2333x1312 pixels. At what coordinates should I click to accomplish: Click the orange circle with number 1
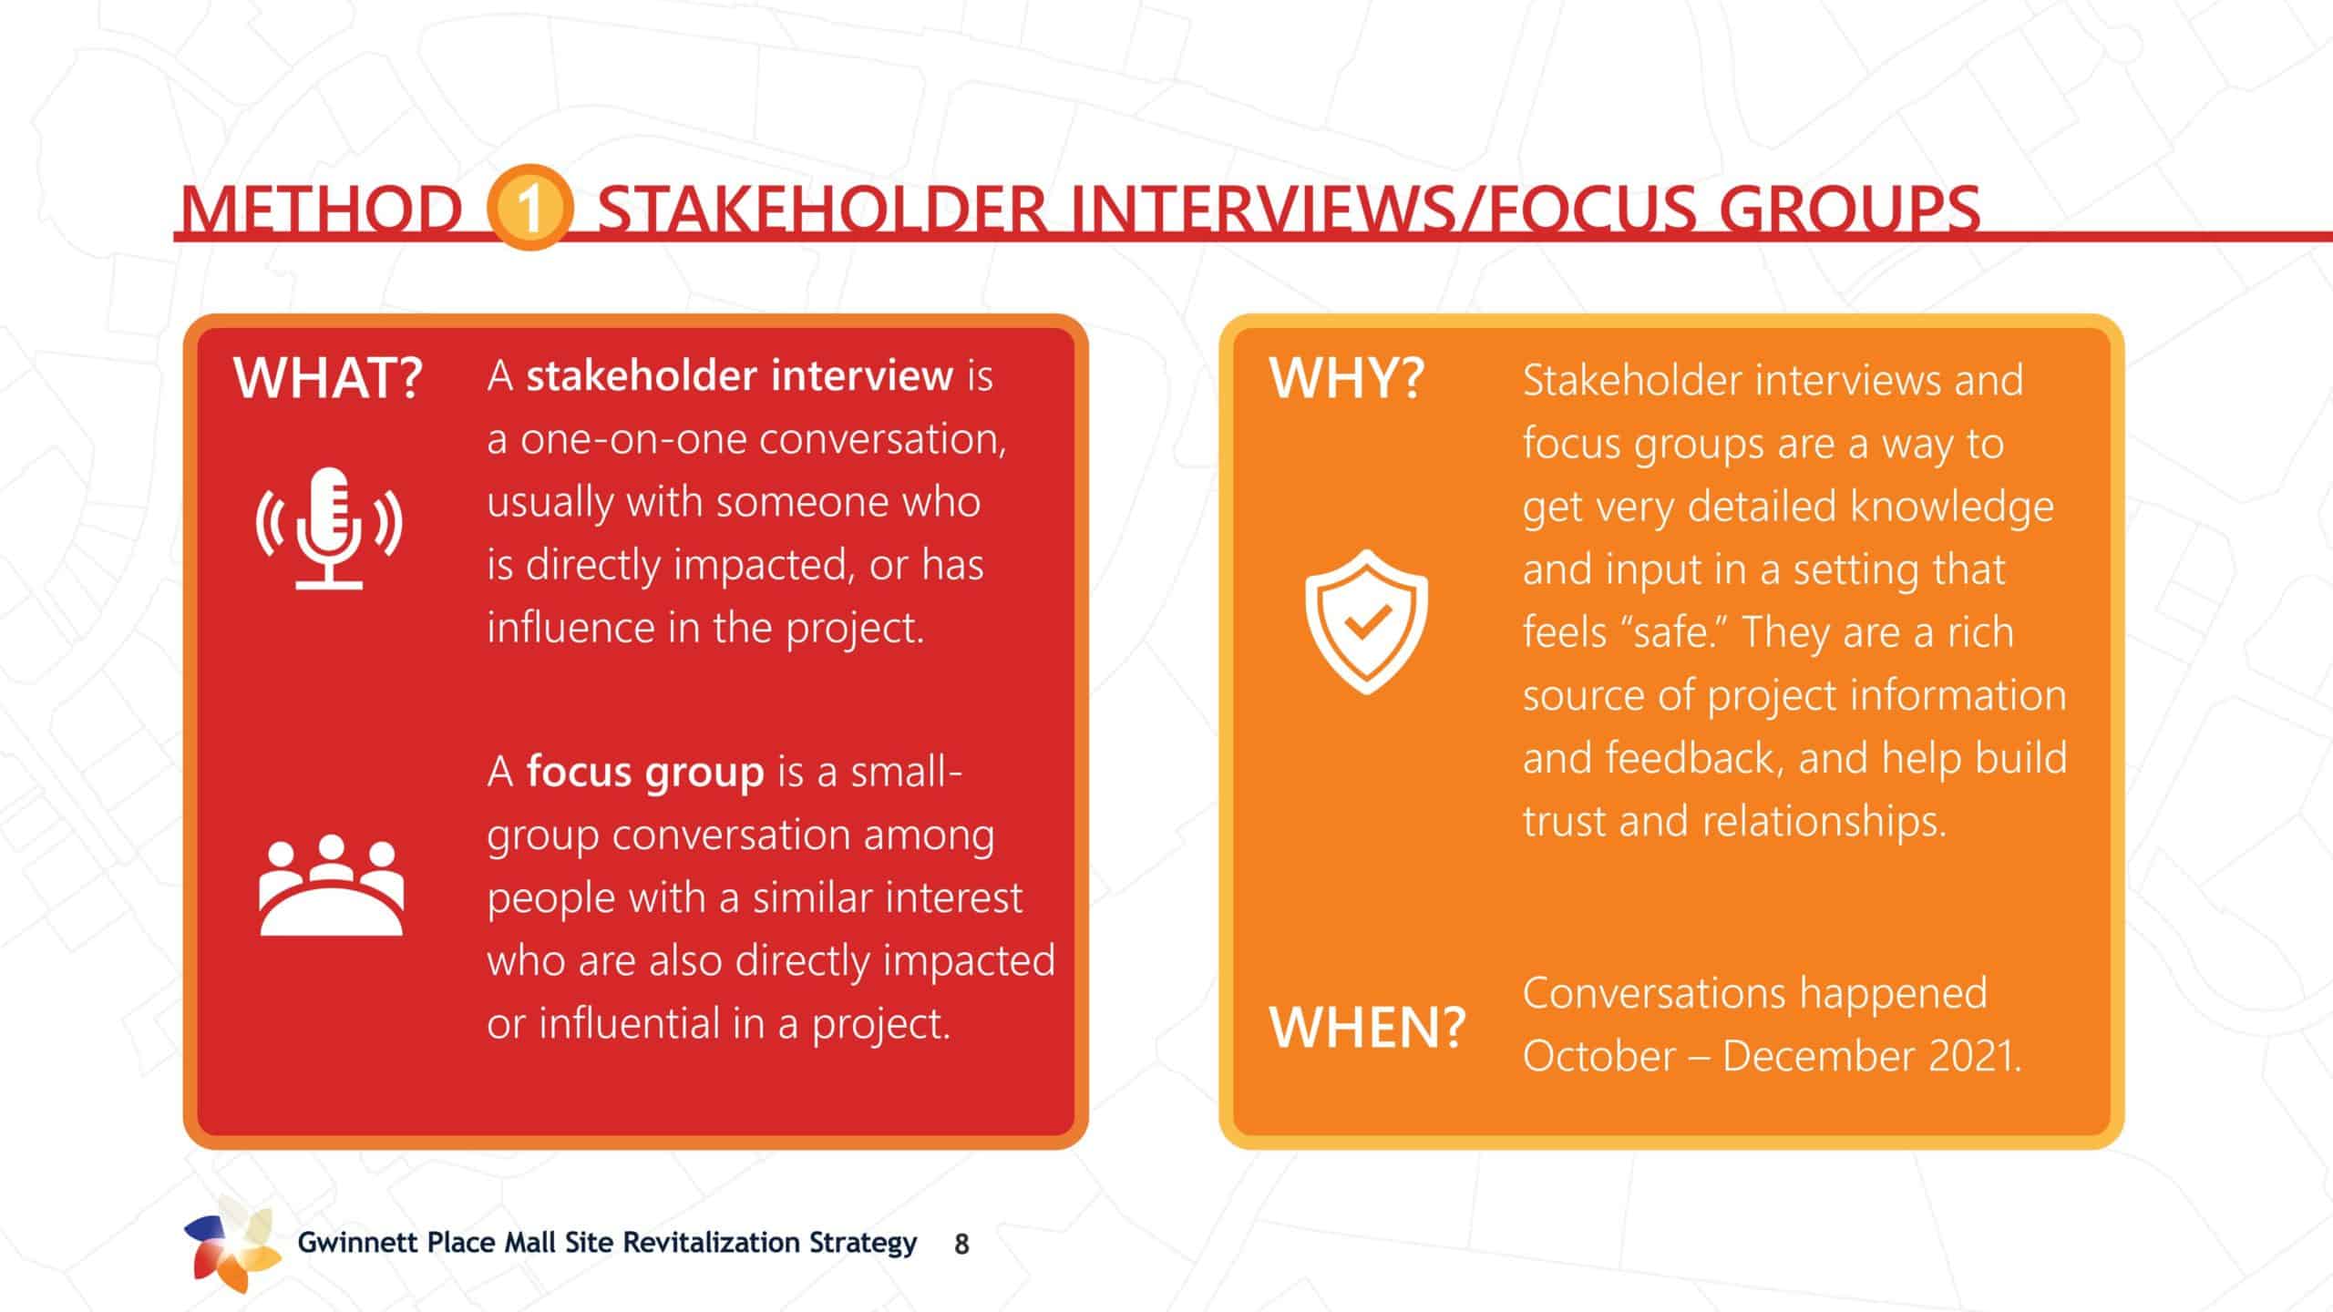(529, 208)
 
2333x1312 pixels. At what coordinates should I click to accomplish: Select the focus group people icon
(331, 885)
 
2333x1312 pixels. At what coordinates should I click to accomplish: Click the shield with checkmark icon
(1366, 621)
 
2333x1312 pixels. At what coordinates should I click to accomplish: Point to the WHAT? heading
(328, 377)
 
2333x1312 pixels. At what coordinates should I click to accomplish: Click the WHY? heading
(1346, 378)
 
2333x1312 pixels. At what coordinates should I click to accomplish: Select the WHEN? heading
(1367, 1027)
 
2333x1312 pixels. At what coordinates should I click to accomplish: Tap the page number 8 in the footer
(961, 1245)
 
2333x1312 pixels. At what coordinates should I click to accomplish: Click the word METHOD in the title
(322, 209)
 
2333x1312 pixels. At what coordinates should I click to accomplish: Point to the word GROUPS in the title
(1849, 209)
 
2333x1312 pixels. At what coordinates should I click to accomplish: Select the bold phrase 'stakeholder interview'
(740, 375)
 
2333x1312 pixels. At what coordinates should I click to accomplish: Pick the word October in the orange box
(1599, 1056)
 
